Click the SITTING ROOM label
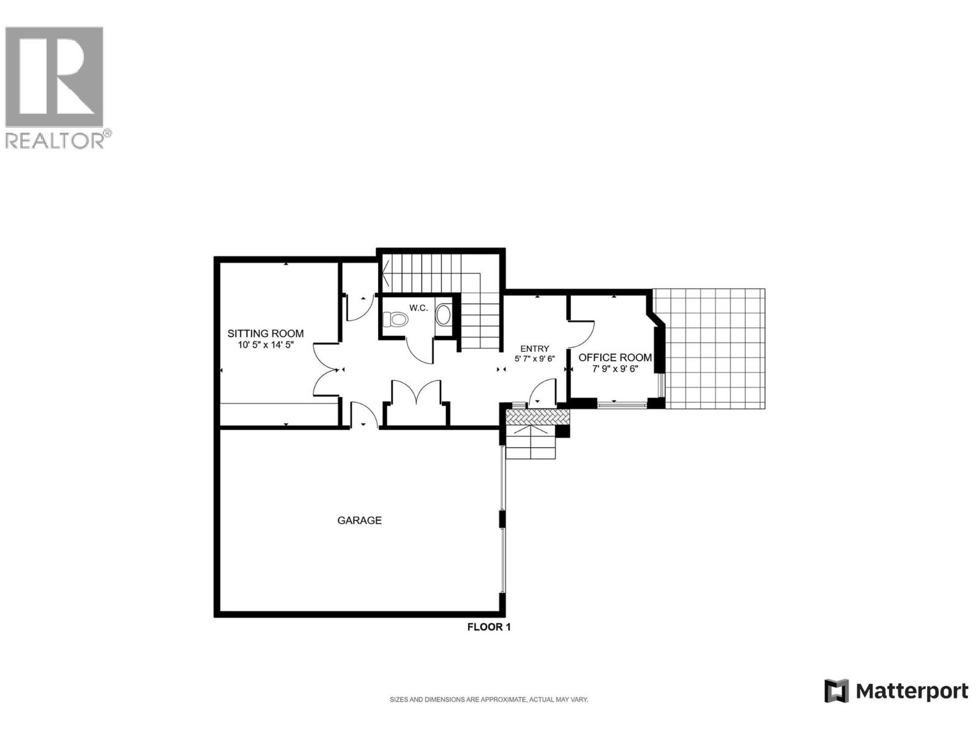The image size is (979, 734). point(266,333)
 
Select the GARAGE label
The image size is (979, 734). point(359,521)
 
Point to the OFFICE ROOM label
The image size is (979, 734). point(615,358)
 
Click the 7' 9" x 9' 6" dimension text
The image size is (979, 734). point(615,369)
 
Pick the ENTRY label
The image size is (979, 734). point(534,349)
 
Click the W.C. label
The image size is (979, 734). point(419,308)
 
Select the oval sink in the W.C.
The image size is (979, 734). point(443,315)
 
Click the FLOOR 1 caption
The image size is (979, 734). point(488,627)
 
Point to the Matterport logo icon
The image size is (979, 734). point(836,691)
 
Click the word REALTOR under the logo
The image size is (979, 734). point(54,141)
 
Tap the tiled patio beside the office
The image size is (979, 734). point(715,349)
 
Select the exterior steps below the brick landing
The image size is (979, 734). point(530,443)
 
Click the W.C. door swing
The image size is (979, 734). point(421,350)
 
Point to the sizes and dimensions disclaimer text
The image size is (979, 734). point(489,700)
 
